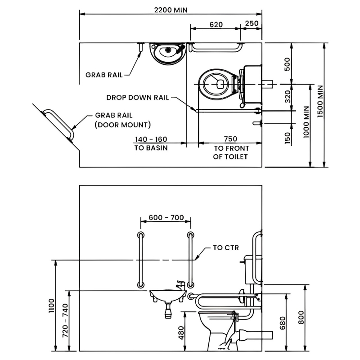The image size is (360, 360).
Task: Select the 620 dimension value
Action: tap(216, 24)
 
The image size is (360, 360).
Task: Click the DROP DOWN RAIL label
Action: tap(138, 97)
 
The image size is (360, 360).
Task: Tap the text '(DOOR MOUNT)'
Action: tap(122, 125)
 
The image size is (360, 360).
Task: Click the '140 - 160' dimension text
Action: tap(151, 139)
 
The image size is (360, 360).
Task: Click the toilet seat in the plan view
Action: tap(218, 84)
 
